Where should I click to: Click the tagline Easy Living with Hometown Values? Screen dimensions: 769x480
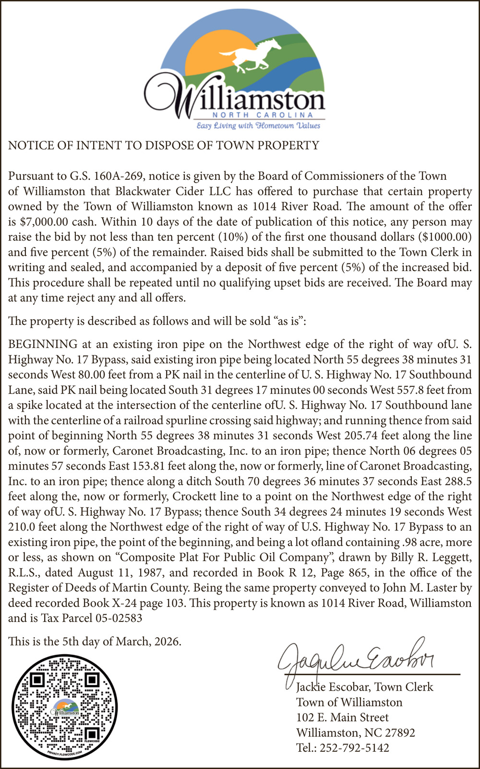(x=258, y=126)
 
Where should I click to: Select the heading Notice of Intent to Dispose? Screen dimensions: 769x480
(x=164, y=146)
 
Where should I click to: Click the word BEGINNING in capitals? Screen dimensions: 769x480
(x=43, y=344)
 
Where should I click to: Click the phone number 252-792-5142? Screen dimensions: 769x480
(x=354, y=748)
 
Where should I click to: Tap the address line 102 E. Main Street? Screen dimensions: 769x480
(x=342, y=718)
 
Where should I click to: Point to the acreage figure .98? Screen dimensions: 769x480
(x=408, y=543)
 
